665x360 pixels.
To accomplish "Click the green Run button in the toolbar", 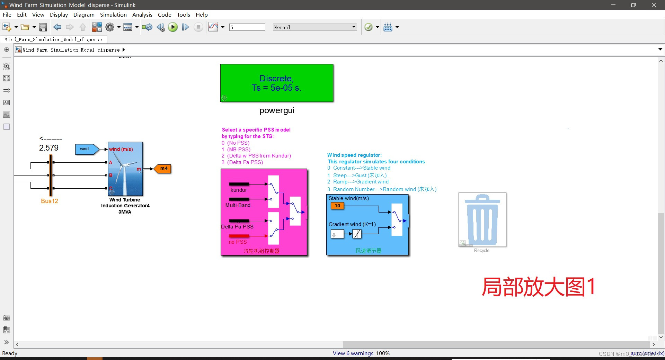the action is [x=172, y=27].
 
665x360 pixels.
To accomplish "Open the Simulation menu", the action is [x=113, y=15].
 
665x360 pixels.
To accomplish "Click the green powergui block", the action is [x=277, y=83].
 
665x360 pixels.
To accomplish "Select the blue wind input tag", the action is [x=85, y=149].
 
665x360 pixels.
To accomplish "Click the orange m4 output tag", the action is [x=163, y=169].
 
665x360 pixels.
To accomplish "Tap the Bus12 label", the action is [x=50, y=201].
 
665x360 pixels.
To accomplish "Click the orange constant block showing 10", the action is [x=337, y=206].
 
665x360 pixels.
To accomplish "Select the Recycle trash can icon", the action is [x=482, y=219].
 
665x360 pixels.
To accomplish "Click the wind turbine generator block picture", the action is [x=125, y=169].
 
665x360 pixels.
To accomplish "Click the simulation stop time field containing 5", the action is [x=247, y=27].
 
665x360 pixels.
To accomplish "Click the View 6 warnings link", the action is [x=353, y=353].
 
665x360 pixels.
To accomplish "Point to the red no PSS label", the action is [x=238, y=242].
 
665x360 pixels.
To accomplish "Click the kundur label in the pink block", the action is [x=239, y=190].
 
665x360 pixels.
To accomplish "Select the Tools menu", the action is [x=183, y=15].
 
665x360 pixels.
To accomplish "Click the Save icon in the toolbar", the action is [x=43, y=27].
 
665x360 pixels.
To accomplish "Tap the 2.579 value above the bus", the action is [x=49, y=148].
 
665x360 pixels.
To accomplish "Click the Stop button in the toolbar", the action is [x=198, y=27].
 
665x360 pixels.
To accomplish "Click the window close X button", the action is [x=654, y=5].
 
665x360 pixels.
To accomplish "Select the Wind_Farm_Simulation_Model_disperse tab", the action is [x=54, y=39].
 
